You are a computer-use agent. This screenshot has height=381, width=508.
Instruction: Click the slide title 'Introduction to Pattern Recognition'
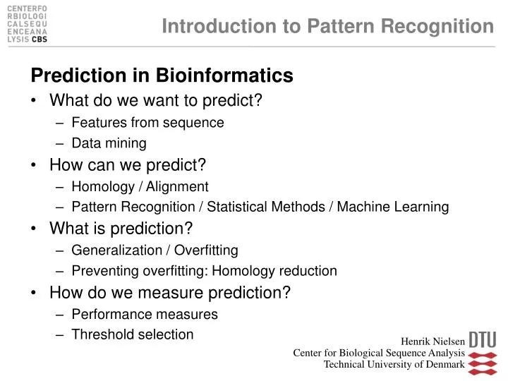click(327, 26)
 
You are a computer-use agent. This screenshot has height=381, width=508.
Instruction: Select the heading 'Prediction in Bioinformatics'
click(161, 75)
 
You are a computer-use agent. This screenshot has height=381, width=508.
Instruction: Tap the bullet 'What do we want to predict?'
click(156, 100)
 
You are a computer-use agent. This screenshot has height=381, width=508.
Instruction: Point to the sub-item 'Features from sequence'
click(147, 122)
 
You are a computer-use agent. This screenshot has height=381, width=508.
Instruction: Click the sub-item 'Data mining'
click(109, 144)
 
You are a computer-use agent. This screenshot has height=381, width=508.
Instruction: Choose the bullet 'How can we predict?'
click(128, 165)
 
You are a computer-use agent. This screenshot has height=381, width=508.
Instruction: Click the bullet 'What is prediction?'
click(121, 229)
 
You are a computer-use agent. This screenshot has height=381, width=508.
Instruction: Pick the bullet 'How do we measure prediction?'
click(170, 293)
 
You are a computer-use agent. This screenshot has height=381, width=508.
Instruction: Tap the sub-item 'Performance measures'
click(145, 314)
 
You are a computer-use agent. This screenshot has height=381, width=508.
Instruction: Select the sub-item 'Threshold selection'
click(133, 334)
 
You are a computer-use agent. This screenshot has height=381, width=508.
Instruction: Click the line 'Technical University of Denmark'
click(394, 365)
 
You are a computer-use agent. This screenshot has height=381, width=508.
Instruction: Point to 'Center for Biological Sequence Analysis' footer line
click(379, 353)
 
